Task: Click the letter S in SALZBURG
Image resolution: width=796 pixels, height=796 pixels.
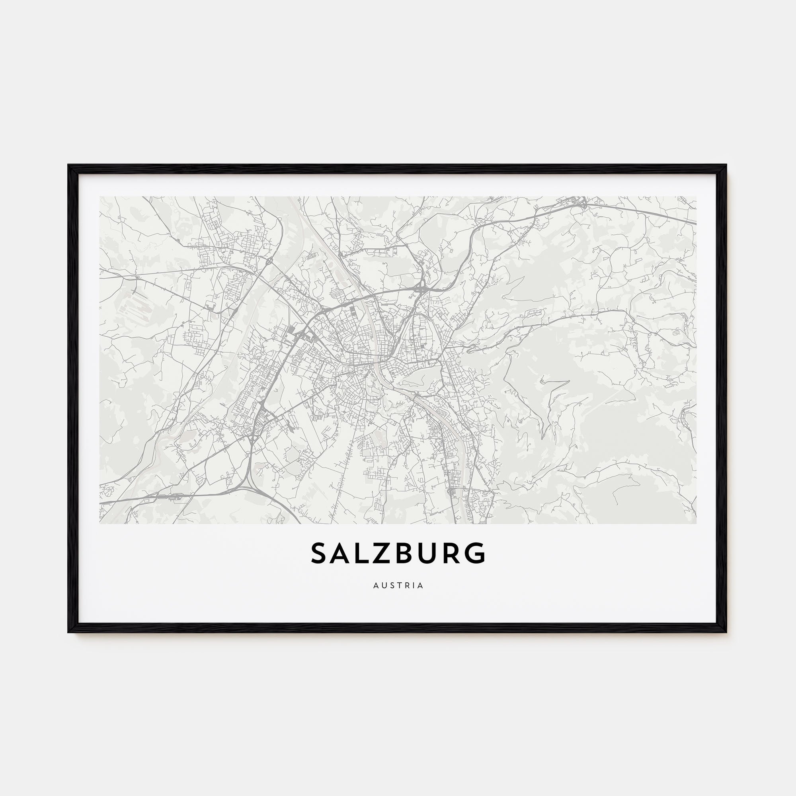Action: coord(320,553)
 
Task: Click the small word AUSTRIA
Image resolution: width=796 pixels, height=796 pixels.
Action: coord(398,585)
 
